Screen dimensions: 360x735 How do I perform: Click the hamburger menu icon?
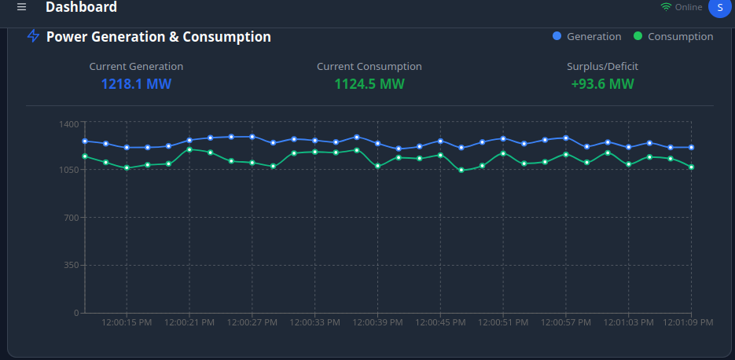(21, 7)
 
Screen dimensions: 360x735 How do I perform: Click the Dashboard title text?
(81, 7)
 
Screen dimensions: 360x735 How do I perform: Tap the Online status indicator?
(682, 7)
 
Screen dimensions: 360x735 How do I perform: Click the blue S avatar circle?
(720, 7)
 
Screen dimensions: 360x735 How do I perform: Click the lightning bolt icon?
(33, 36)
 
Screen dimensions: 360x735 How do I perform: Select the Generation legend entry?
(587, 36)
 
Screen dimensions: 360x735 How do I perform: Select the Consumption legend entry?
(674, 36)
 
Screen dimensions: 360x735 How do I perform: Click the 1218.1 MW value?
(136, 83)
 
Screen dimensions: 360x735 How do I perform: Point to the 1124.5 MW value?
(369, 83)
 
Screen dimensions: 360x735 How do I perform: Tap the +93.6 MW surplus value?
(602, 83)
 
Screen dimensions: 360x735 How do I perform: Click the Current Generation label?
(136, 67)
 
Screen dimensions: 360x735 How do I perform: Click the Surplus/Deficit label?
(602, 67)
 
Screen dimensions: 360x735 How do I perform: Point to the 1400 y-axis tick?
(69, 123)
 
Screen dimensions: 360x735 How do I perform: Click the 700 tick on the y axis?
(72, 218)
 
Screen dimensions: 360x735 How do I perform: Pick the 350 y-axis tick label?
(72, 265)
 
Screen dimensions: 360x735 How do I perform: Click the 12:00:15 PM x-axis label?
(127, 322)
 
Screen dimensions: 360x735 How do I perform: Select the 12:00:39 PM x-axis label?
(377, 322)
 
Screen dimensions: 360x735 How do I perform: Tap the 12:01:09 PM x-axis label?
(688, 322)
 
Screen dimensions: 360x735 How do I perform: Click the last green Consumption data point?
(692, 167)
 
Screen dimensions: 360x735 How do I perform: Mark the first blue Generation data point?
(84, 141)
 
